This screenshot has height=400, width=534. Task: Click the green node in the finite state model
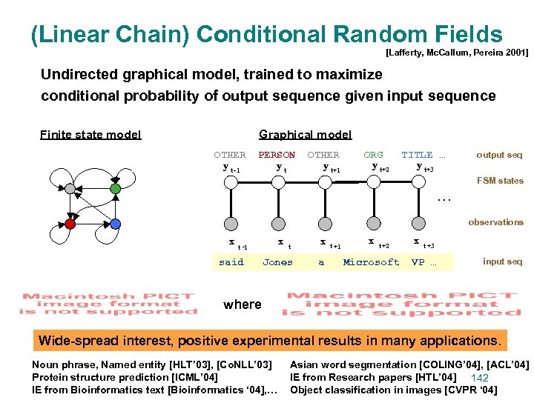tap(115, 189)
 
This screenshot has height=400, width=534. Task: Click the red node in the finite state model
tap(70, 223)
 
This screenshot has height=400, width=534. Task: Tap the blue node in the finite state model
tap(115, 223)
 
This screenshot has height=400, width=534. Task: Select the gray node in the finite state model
tap(70, 189)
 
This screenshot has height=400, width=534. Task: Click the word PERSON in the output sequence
tap(277, 155)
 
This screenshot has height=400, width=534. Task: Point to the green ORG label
tap(373, 155)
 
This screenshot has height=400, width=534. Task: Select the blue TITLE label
tap(417, 155)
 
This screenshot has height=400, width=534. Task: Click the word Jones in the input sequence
tap(277, 262)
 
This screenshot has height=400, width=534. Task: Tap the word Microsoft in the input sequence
tap(371, 262)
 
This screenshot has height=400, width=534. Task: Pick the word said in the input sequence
tap(231, 262)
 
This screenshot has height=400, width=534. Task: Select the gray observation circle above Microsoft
tap(370, 221)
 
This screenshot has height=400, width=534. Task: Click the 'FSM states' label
tap(500, 181)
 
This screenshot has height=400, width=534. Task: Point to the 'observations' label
tap(495, 222)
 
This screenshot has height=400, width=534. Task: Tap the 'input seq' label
tap(502, 261)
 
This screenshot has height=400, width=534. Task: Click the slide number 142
tap(480, 379)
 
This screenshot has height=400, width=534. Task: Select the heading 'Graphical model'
tap(305, 134)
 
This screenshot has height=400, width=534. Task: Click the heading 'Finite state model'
tap(90, 134)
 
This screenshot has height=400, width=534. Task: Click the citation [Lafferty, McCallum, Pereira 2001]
tap(457, 53)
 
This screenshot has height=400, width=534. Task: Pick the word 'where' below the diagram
tap(242, 304)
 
